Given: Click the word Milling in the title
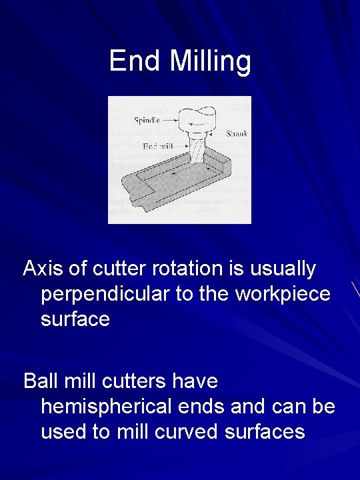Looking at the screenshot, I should [x=210, y=61].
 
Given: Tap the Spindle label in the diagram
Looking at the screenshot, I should [x=147, y=121].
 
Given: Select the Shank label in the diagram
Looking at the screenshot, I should [x=237, y=133].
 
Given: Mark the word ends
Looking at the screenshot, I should [x=205, y=406].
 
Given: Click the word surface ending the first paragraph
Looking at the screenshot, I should [x=75, y=319].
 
